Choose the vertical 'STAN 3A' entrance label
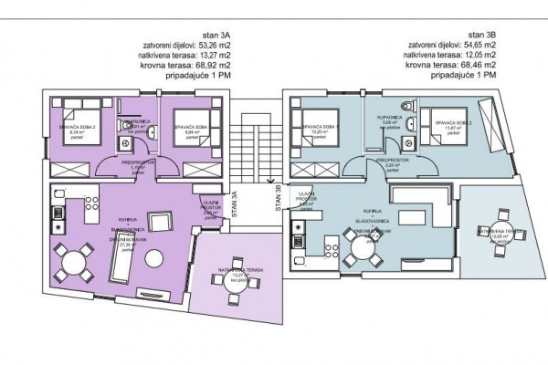(x=236, y=199)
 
